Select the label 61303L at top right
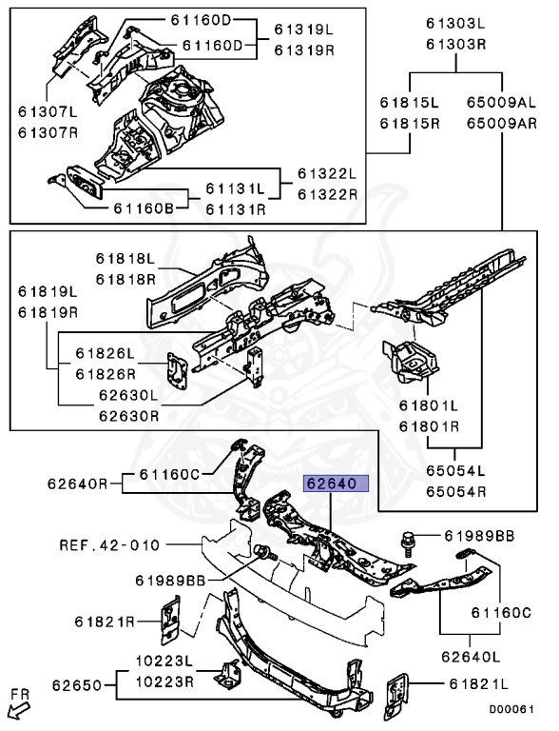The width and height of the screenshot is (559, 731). [455, 23]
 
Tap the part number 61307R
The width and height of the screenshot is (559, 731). [48, 133]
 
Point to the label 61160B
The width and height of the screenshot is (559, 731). [144, 208]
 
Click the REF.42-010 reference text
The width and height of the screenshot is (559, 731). [109, 545]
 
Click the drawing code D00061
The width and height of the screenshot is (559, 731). [511, 709]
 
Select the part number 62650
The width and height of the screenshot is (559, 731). [77, 685]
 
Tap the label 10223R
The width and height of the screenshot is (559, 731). [164, 682]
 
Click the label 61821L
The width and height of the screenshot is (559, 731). [478, 684]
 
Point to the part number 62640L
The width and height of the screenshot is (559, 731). [471, 657]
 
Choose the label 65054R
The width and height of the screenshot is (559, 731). [455, 491]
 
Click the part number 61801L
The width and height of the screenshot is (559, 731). [429, 405]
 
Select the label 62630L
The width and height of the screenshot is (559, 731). [128, 395]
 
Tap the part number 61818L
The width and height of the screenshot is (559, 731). [125, 258]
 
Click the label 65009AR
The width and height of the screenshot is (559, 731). [502, 124]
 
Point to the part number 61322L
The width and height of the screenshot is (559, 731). [327, 174]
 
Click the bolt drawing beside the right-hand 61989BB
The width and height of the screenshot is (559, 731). [408, 543]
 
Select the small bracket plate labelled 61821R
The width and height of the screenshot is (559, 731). [170, 620]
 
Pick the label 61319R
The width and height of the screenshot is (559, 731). [304, 49]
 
